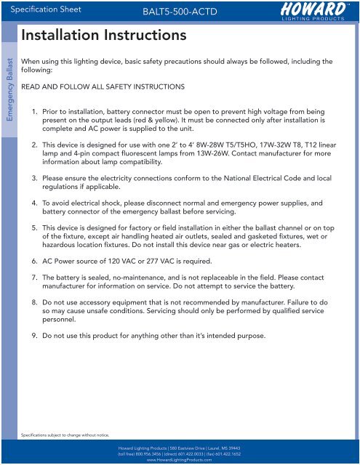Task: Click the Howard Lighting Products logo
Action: coord(308,10)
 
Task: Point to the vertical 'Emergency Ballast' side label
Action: coord(9,94)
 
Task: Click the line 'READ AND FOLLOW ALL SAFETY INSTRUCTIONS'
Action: coord(103,87)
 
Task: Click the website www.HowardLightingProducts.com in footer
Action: coord(180,461)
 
